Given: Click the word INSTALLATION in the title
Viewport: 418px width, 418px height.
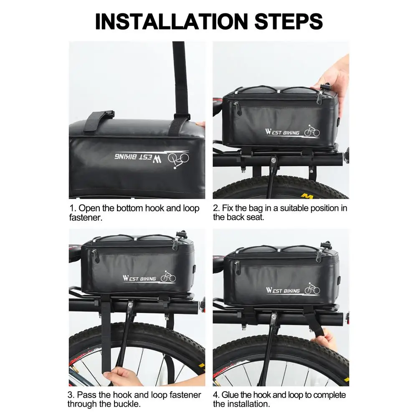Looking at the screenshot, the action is click(171, 21).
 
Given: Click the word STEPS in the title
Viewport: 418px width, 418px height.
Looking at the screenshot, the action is click(289, 21).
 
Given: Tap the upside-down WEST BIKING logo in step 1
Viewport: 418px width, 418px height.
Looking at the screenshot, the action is click(152, 159).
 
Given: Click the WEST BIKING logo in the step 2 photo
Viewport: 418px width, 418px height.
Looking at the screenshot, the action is click(292, 131).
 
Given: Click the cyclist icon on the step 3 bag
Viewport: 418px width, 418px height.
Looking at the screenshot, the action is click(168, 276).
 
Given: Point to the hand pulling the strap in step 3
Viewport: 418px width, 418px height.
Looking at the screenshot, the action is click(123, 376).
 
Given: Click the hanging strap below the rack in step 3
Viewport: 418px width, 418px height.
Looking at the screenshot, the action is click(106, 336).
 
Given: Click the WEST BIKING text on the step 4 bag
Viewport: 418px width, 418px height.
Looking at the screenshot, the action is click(283, 290).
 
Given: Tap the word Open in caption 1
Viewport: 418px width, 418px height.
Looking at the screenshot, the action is click(89, 208).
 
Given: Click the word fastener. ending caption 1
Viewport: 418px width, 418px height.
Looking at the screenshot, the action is click(86, 218).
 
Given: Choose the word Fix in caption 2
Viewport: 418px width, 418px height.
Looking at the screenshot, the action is click(227, 208).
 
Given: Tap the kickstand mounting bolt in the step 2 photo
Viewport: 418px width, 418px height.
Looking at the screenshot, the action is click(274, 160).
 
